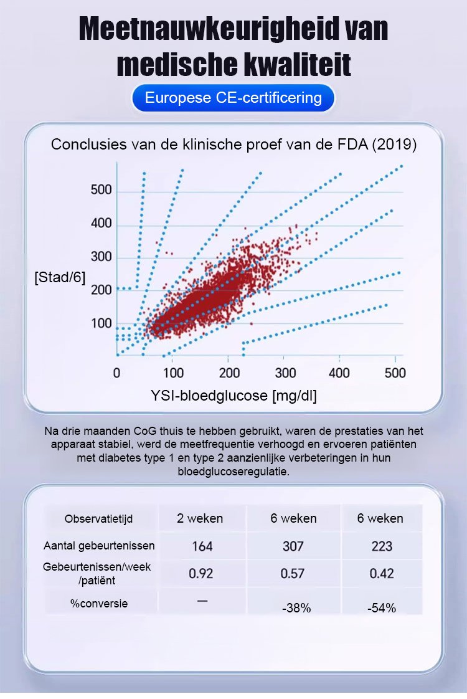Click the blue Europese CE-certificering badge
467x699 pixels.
point(233,98)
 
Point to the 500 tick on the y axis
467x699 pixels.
point(101,190)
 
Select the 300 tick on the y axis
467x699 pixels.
point(101,257)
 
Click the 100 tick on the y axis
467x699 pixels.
point(101,323)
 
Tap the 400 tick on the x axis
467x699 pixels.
point(339,373)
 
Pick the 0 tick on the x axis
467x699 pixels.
point(117,373)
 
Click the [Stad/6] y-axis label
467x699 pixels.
point(60,276)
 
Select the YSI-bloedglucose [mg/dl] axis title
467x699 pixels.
point(233,396)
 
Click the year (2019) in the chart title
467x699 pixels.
point(394,145)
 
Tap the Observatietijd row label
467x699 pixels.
point(98,519)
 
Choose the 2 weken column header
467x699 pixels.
point(200,518)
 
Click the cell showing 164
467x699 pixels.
point(202,546)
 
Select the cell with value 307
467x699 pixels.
point(293,546)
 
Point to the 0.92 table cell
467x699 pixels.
point(201,574)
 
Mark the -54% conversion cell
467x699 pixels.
point(382,608)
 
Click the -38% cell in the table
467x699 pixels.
point(296,608)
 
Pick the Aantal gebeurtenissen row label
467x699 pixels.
point(99,546)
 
